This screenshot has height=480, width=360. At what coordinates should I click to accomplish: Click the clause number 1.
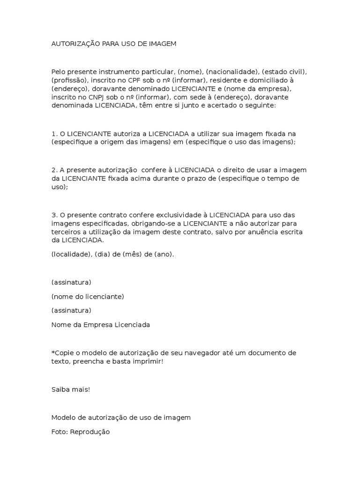click(x=54, y=134)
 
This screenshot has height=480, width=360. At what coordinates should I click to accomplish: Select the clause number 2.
click(x=54, y=170)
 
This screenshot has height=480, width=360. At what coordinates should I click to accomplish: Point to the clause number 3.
click(x=54, y=215)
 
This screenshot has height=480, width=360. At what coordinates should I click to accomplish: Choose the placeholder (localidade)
click(x=70, y=254)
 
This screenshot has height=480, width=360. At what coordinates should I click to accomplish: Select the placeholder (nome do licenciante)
click(x=88, y=296)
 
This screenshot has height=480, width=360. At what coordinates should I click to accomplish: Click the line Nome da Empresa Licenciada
click(x=100, y=324)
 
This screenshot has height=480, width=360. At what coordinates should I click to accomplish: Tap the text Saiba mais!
click(x=70, y=389)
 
